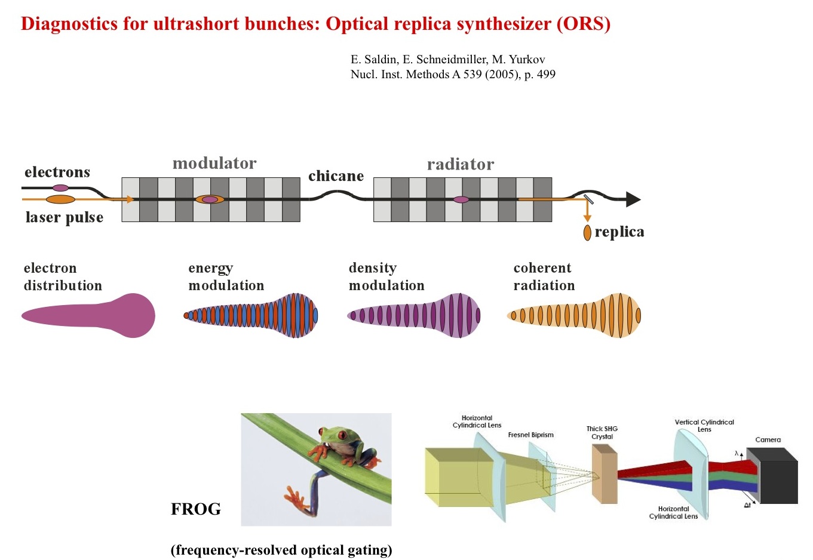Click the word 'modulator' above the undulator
pyautogui.click(x=214, y=163)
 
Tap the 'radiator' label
pyautogui.click(x=460, y=164)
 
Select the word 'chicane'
pyautogui.click(x=336, y=176)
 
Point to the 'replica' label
pyautogui.click(x=619, y=232)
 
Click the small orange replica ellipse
pyautogui.click(x=587, y=232)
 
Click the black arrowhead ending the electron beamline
pyautogui.click(x=633, y=199)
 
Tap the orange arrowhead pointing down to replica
pyautogui.click(x=587, y=218)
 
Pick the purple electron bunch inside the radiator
pyautogui.click(x=461, y=199)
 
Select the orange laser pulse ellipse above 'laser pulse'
pyautogui.click(x=60, y=199)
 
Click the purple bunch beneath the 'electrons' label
pyautogui.click(x=60, y=188)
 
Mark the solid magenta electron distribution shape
pyautogui.click(x=88, y=316)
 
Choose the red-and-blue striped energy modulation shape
pyautogui.click(x=251, y=315)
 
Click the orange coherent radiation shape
pyautogui.click(x=574, y=315)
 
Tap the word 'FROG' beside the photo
pyautogui.click(x=195, y=509)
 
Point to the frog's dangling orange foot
pyautogui.click(x=296, y=498)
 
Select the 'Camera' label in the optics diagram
pyautogui.click(x=768, y=439)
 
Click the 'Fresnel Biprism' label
pyautogui.click(x=530, y=435)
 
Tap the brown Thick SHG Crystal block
pyautogui.click(x=605, y=473)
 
